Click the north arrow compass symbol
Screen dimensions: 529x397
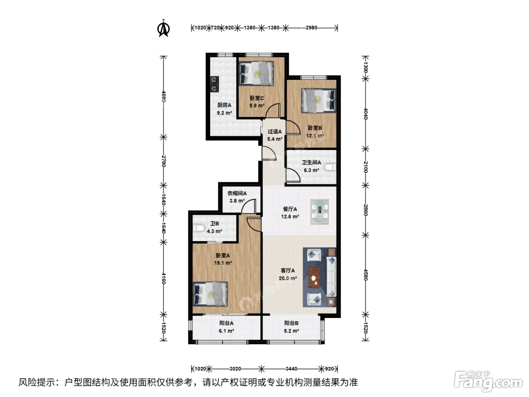[163, 28]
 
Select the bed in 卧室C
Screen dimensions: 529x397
[256, 73]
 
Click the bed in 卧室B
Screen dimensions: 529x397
[319, 101]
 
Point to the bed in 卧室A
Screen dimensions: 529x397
[210, 294]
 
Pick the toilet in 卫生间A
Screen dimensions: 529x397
[330, 167]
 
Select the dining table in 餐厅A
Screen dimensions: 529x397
[319, 212]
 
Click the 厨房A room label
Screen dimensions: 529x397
[224, 105]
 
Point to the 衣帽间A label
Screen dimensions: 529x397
[237, 193]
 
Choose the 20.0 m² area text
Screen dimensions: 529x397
[288, 278]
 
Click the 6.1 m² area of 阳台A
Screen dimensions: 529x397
[226, 331]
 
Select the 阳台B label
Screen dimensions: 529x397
[291, 323]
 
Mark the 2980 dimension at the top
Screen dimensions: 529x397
[311, 28]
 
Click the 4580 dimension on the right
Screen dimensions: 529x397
[365, 275]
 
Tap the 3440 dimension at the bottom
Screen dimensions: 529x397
[291, 369]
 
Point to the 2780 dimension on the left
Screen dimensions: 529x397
[164, 161]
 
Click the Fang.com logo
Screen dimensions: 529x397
[488, 381]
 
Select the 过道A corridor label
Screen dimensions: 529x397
[274, 132]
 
